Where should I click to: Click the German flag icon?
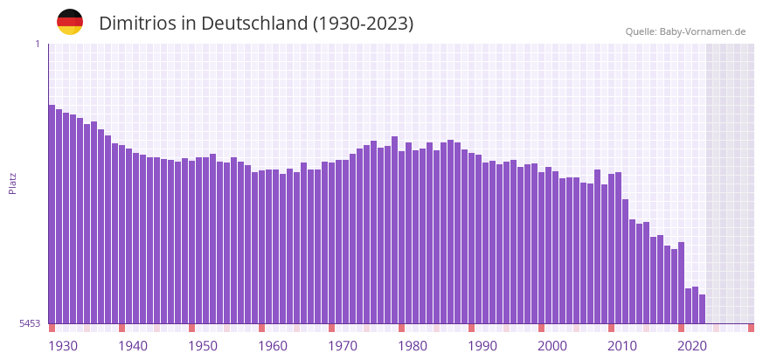70,22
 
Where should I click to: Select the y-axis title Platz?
12,183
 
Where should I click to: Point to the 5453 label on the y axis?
30,323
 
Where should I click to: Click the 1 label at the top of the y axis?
37,44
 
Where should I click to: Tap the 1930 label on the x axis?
63,346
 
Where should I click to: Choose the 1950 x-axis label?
203,346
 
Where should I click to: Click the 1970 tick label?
343,346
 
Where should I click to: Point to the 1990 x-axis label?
482,346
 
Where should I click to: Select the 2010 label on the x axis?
622,346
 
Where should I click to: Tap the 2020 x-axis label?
692,346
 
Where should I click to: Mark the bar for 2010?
611,249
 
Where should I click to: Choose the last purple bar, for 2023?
702,309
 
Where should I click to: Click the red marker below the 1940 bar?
121,328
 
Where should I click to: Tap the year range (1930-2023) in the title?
363,24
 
